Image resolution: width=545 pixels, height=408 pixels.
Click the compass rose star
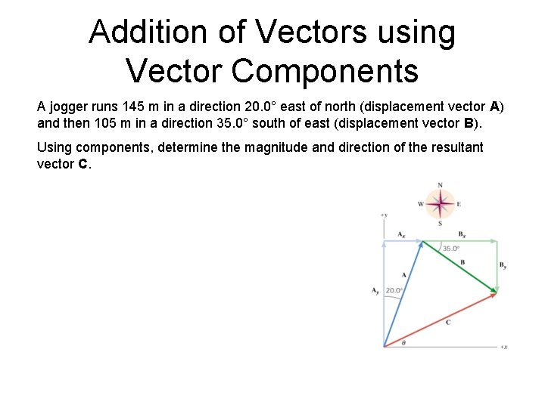point(440,203)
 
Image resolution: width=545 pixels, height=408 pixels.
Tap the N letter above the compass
point(441,185)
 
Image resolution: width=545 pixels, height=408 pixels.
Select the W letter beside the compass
point(421,204)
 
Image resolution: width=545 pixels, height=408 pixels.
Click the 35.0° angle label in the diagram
point(451,249)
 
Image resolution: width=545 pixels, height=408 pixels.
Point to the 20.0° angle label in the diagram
point(394,290)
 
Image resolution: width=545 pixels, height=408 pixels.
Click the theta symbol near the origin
point(403,342)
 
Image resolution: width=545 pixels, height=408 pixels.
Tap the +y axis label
point(384,215)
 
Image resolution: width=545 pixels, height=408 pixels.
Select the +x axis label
point(503,347)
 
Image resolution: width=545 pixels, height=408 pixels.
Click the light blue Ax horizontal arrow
point(403,241)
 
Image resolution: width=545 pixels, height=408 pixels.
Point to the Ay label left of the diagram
point(375,290)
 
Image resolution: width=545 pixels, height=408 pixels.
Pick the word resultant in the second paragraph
point(457,147)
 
